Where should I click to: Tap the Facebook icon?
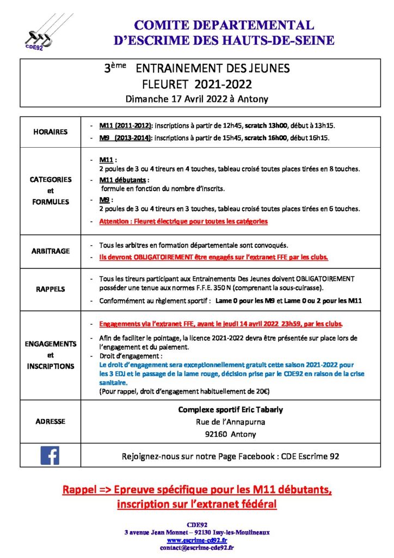(x=50, y=455)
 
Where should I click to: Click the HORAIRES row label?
(x=50, y=132)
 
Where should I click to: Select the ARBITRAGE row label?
(x=50, y=251)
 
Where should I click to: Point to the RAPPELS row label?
(x=50, y=289)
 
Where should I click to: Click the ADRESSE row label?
(x=50, y=421)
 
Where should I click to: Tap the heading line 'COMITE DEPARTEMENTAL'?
(x=224, y=25)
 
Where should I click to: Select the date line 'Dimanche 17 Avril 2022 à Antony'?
(x=196, y=99)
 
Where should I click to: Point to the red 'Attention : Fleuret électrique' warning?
(x=183, y=222)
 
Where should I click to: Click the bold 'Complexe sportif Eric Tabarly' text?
(x=231, y=410)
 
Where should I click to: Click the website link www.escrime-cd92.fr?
(x=197, y=540)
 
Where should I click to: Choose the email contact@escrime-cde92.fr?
(x=197, y=548)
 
